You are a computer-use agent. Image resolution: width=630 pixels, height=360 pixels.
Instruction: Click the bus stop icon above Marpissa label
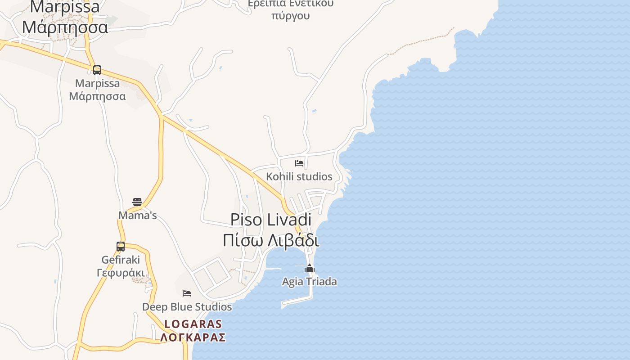[97, 70]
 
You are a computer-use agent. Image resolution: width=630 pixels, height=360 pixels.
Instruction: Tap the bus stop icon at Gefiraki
[121, 247]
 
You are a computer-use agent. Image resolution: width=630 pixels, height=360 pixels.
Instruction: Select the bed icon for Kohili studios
[299, 163]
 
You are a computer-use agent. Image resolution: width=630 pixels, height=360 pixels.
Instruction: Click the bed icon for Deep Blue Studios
[187, 293]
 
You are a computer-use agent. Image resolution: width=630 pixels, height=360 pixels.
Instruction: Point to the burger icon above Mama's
[137, 202]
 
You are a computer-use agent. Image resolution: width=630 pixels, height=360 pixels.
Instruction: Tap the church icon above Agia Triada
[310, 269]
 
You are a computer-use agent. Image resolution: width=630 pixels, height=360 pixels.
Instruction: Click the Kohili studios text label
[299, 176]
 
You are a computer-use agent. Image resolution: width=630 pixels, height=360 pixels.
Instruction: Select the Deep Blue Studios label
[187, 307]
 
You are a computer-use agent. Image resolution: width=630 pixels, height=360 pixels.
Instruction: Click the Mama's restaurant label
[137, 216]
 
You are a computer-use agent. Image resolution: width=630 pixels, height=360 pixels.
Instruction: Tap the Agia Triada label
[310, 282]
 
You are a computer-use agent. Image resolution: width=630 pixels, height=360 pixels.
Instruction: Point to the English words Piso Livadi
[271, 220]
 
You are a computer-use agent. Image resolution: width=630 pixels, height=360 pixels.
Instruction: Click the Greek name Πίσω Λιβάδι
[271, 240]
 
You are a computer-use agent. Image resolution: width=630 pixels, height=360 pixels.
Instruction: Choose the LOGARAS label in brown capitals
[193, 324]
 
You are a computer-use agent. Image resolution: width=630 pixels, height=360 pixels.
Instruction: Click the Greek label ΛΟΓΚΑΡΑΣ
[193, 337]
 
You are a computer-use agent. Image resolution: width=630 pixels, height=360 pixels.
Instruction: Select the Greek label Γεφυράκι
[121, 273]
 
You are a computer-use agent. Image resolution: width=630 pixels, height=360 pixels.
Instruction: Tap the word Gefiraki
[121, 260]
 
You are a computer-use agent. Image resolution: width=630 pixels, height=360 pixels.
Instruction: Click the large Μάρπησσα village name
[65, 27]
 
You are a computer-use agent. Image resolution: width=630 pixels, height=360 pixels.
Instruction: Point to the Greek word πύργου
[291, 16]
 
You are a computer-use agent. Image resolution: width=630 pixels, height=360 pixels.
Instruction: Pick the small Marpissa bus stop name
[97, 83]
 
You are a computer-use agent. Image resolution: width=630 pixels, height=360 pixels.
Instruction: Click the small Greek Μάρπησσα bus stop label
[97, 96]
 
